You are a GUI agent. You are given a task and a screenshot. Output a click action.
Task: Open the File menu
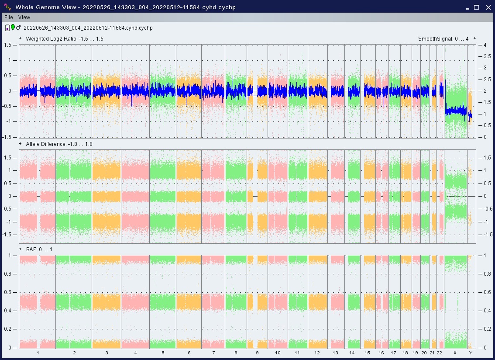(x=9, y=17)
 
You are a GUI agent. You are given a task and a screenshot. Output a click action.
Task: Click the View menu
(x=24, y=17)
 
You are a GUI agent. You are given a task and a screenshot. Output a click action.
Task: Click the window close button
(x=487, y=7)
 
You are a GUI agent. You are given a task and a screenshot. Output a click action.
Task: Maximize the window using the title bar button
(x=476, y=7)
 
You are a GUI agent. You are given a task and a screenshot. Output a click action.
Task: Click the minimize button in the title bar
(x=466, y=7)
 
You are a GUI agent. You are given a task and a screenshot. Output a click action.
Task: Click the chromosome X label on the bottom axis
(x=455, y=353)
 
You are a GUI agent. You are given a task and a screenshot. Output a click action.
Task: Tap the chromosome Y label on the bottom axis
(x=470, y=353)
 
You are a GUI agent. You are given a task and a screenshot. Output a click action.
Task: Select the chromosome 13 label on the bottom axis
(x=335, y=353)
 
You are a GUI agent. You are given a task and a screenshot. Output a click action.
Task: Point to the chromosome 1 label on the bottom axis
(x=38, y=353)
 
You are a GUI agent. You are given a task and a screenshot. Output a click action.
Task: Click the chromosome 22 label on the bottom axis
(x=440, y=353)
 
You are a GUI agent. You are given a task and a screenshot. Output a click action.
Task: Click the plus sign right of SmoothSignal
(x=474, y=38)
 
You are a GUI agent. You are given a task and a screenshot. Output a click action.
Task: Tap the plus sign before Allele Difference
(x=21, y=144)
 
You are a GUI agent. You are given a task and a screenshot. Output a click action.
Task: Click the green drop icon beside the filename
(x=13, y=28)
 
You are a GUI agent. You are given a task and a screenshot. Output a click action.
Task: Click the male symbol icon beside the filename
(x=18, y=28)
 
